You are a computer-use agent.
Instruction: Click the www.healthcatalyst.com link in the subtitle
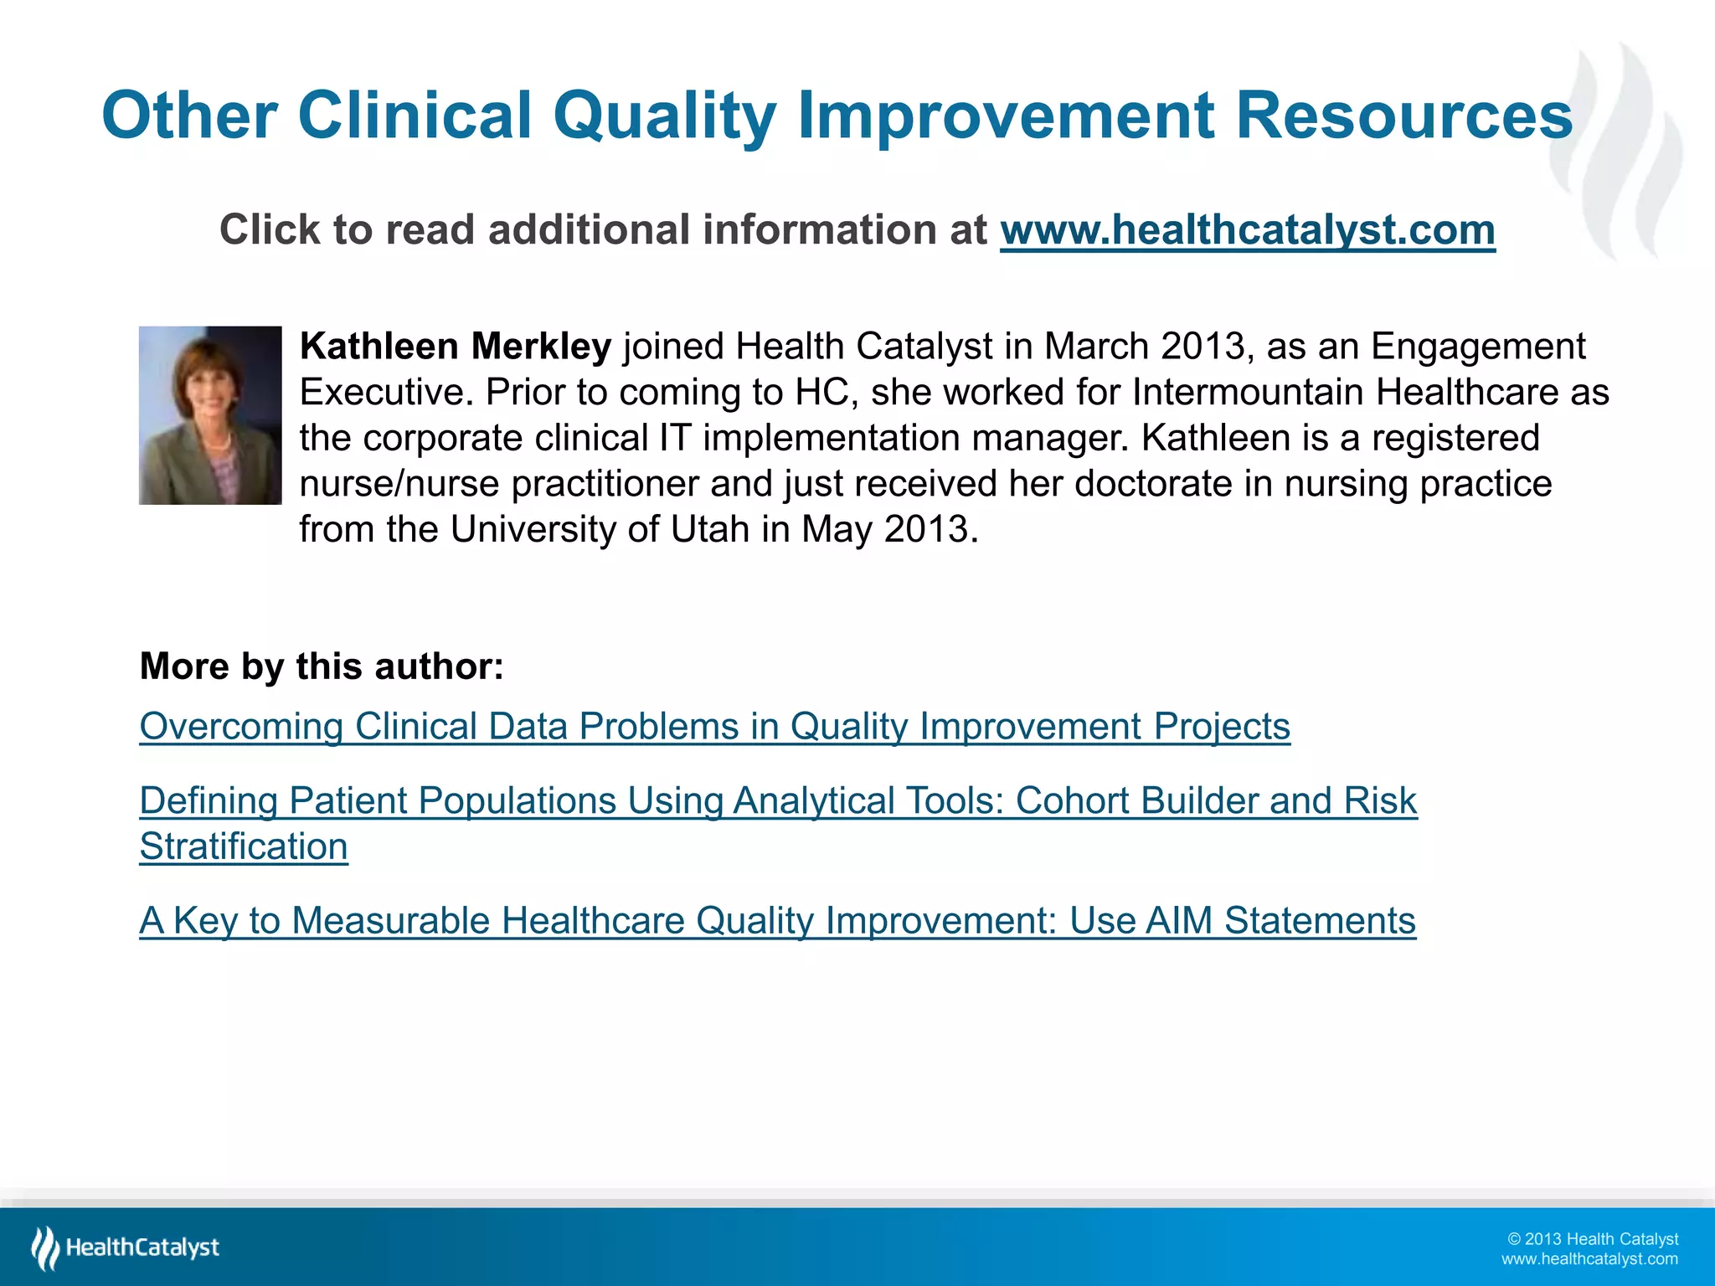coord(1247,230)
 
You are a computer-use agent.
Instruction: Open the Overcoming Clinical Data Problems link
coord(714,726)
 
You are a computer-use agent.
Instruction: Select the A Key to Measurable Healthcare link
coord(777,920)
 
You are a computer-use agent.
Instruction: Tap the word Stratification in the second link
coord(244,846)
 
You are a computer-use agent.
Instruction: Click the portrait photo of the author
coord(210,415)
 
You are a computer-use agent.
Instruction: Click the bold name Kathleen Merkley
coord(456,347)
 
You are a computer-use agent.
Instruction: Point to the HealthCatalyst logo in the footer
coord(126,1247)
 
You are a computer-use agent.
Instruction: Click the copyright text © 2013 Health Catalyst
coord(1593,1239)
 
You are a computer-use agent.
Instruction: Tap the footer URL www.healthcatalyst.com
coord(1589,1259)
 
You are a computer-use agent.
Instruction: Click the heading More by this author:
coord(322,666)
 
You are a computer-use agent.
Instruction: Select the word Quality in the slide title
coord(664,116)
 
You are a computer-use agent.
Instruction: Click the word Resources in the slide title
coord(1403,116)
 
